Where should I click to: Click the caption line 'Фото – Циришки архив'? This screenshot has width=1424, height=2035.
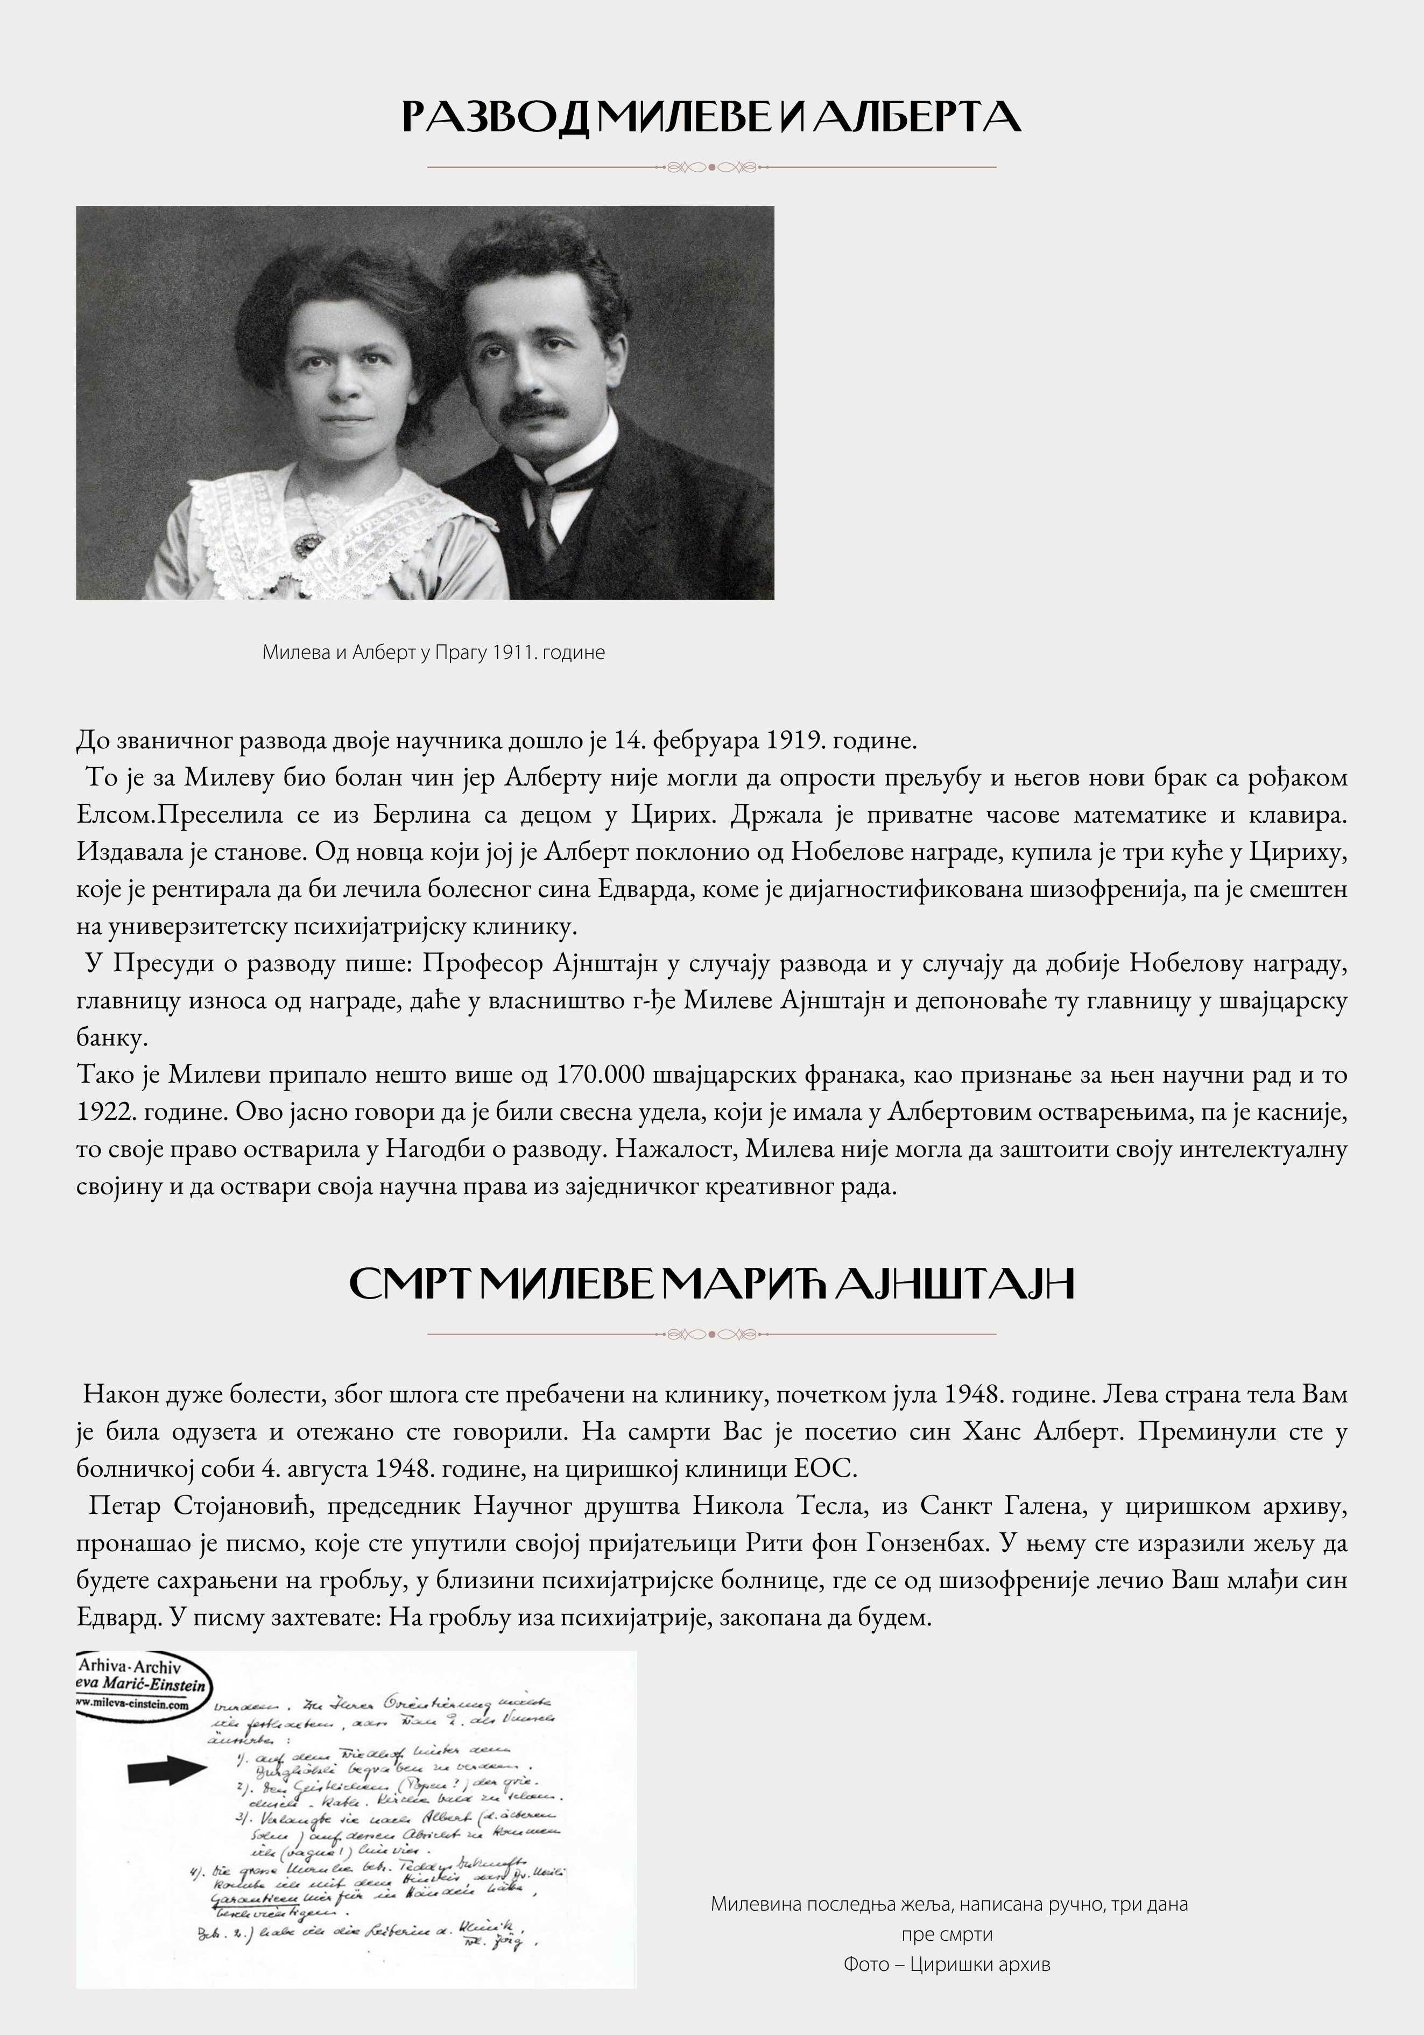click(x=947, y=1964)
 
